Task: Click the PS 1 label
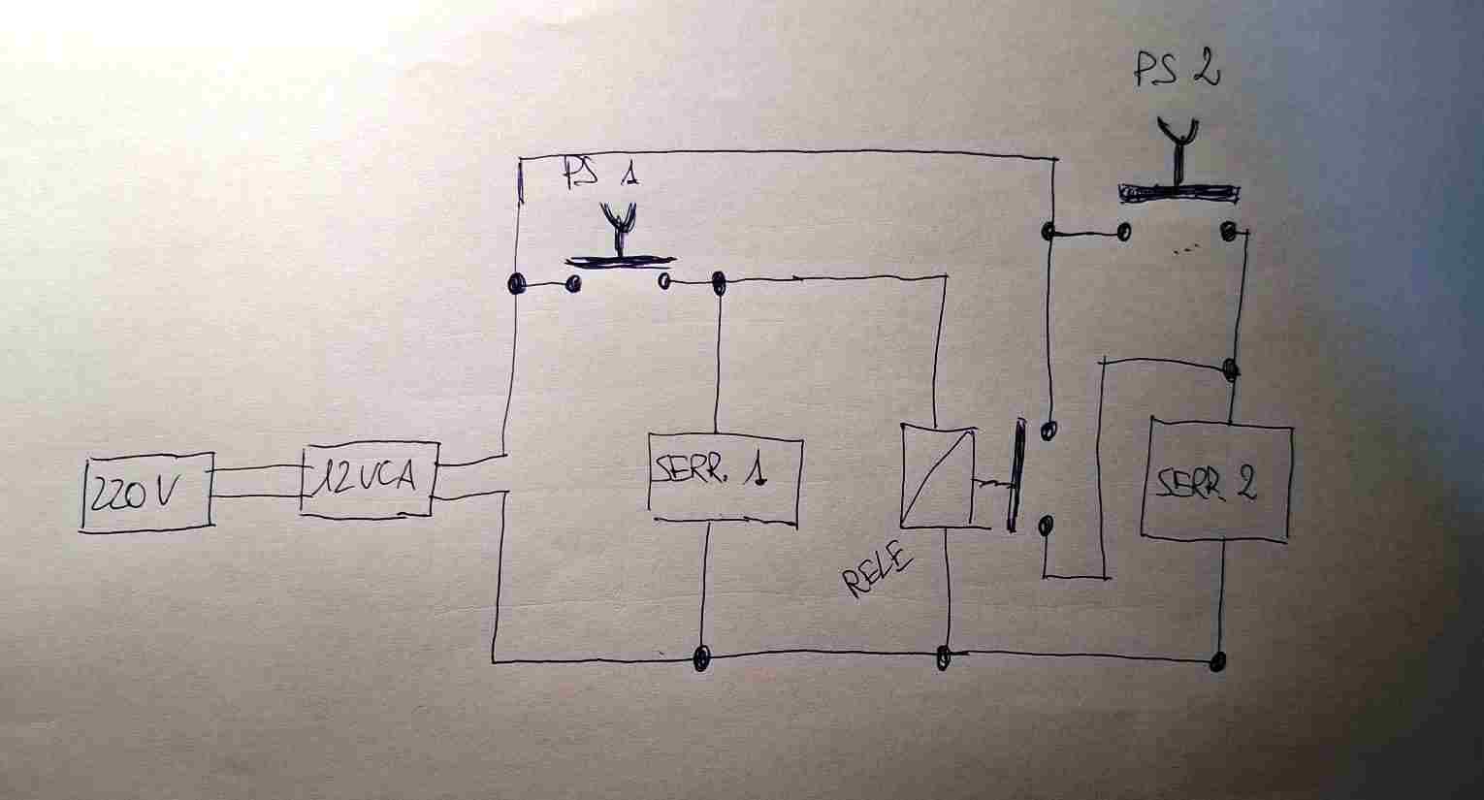tap(600, 173)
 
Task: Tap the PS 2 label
tap(1177, 70)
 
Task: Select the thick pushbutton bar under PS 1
tap(620, 262)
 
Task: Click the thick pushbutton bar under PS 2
tap(1178, 193)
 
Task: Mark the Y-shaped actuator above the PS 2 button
tap(1178, 150)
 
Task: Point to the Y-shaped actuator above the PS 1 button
tap(619, 229)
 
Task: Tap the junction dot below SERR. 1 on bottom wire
tap(701, 658)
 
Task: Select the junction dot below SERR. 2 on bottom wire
tap(1217, 661)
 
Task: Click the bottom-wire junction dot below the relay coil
tap(944, 656)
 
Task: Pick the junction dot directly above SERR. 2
tap(1230, 369)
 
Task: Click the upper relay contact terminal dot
tap(1048, 432)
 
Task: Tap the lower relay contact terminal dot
tap(1046, 526)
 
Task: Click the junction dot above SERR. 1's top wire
tap(718, 283)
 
